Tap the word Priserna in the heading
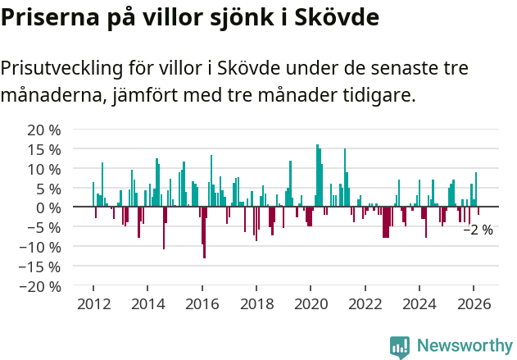[49, 16]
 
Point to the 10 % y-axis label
[44, 169]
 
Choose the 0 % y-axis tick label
[48, 207]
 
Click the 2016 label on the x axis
[202, 304]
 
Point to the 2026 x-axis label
[474, 304]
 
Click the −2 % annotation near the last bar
[478, 230]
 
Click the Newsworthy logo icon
[400, 345]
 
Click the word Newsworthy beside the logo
[464, 345]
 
